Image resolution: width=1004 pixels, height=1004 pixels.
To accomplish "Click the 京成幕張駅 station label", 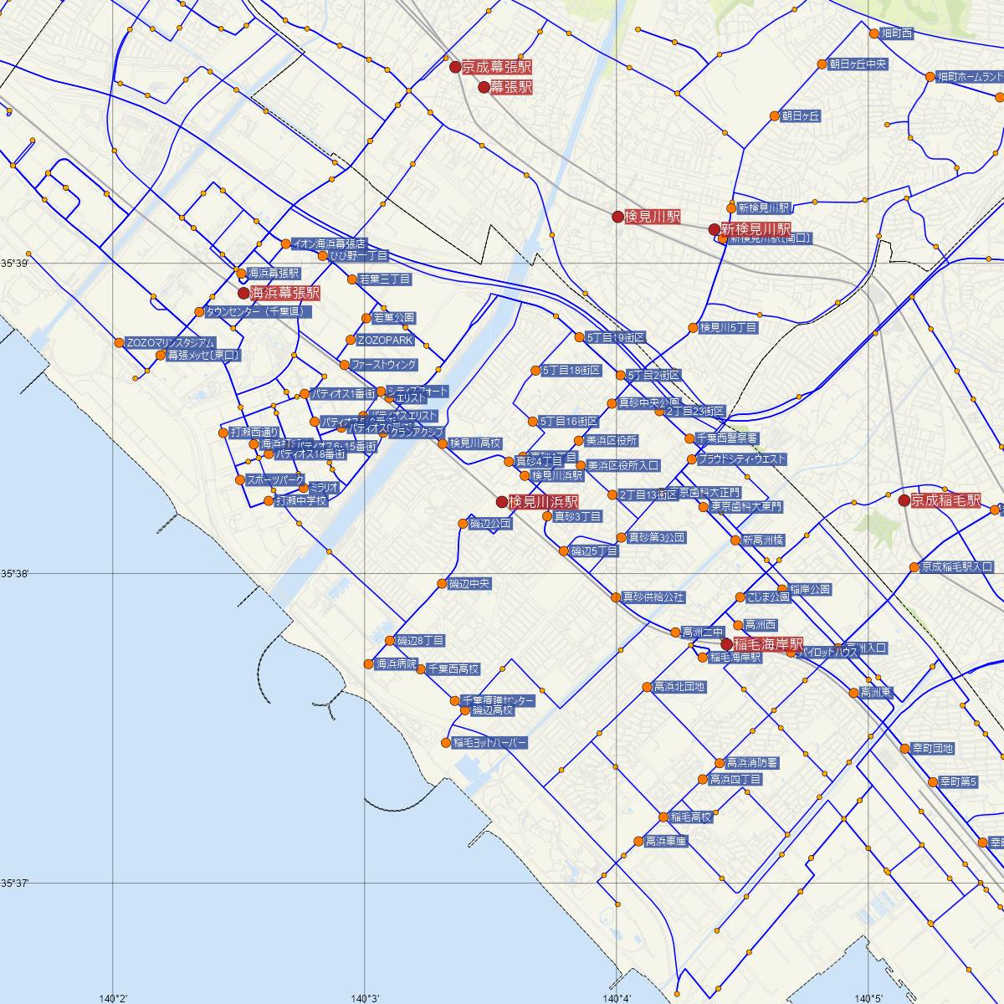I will tap(497, 67).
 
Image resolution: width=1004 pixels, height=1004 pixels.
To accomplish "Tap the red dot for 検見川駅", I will tap(617, 217).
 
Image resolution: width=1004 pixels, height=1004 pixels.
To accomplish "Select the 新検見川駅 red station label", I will tap(756, 229).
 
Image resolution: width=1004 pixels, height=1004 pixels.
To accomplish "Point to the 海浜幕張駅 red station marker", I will tap(243, 294).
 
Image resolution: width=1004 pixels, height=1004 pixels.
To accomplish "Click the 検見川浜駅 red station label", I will tap(544, 502).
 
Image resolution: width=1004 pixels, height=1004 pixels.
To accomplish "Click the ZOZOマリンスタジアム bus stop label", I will tap(170, 342).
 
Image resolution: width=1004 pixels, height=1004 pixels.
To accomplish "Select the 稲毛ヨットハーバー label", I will tap(490, 743).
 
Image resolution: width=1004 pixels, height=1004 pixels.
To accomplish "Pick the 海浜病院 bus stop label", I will tap(396, 663).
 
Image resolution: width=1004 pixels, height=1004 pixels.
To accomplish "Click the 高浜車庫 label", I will tap(666, 841).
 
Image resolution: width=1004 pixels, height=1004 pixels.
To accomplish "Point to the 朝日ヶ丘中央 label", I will tap(857, 64).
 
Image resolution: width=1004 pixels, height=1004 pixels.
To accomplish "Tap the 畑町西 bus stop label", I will tap(896, 33).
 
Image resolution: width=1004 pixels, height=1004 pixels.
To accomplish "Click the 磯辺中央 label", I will tap(469, 583).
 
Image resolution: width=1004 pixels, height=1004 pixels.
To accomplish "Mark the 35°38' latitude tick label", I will tap(13, 573).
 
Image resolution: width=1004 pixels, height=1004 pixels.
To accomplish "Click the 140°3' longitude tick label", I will tap(365, 997).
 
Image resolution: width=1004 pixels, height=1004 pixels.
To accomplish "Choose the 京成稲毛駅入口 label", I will tap(957, 567).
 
